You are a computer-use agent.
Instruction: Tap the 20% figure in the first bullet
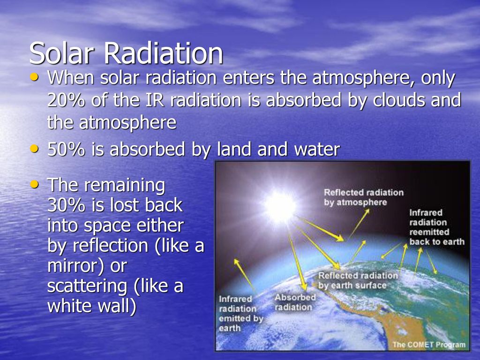(x=66, y=100)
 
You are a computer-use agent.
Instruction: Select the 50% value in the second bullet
(x=66, y=150)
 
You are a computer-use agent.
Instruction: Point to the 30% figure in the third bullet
(x=66, y=205)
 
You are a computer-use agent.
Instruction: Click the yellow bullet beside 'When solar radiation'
(x=35, y=76)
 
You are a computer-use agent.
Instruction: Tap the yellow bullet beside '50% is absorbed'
(x=35, y=149)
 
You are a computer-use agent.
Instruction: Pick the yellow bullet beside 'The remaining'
(x=35, y=184)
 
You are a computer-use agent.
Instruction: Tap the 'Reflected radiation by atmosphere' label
(x=364, y=197)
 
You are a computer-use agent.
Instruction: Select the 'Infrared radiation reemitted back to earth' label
(x=437, y=227)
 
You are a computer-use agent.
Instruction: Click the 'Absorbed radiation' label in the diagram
(x=295, y=302)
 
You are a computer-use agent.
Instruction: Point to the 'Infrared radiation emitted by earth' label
(x=241, y=314)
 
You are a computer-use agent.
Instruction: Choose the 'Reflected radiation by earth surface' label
(x=358, y=280)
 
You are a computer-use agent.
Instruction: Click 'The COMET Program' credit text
(x=429, y=345)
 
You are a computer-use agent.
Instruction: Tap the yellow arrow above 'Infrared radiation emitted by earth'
(x=245, y=274)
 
